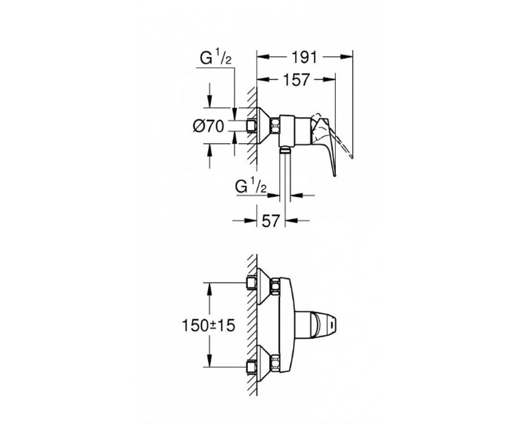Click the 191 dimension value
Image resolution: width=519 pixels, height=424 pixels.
pos(305,57)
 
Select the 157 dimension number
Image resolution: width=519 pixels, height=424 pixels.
pos(297,79)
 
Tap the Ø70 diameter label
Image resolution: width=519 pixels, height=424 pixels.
pos(209,126)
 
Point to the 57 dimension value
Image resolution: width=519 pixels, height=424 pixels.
pos(271,220)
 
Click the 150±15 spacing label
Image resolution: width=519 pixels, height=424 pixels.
pos(209,325)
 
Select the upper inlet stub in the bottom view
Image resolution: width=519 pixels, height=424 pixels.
pos(252,284)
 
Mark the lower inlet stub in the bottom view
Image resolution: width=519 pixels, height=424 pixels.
pos(252,367)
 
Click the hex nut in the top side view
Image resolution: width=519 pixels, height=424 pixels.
pos(275,126)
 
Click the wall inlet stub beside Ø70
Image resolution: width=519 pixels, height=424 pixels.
pos(252,126)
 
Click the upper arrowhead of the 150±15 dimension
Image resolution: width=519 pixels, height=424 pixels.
pos(209,289)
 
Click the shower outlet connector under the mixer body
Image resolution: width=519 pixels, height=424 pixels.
pos(285,150)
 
